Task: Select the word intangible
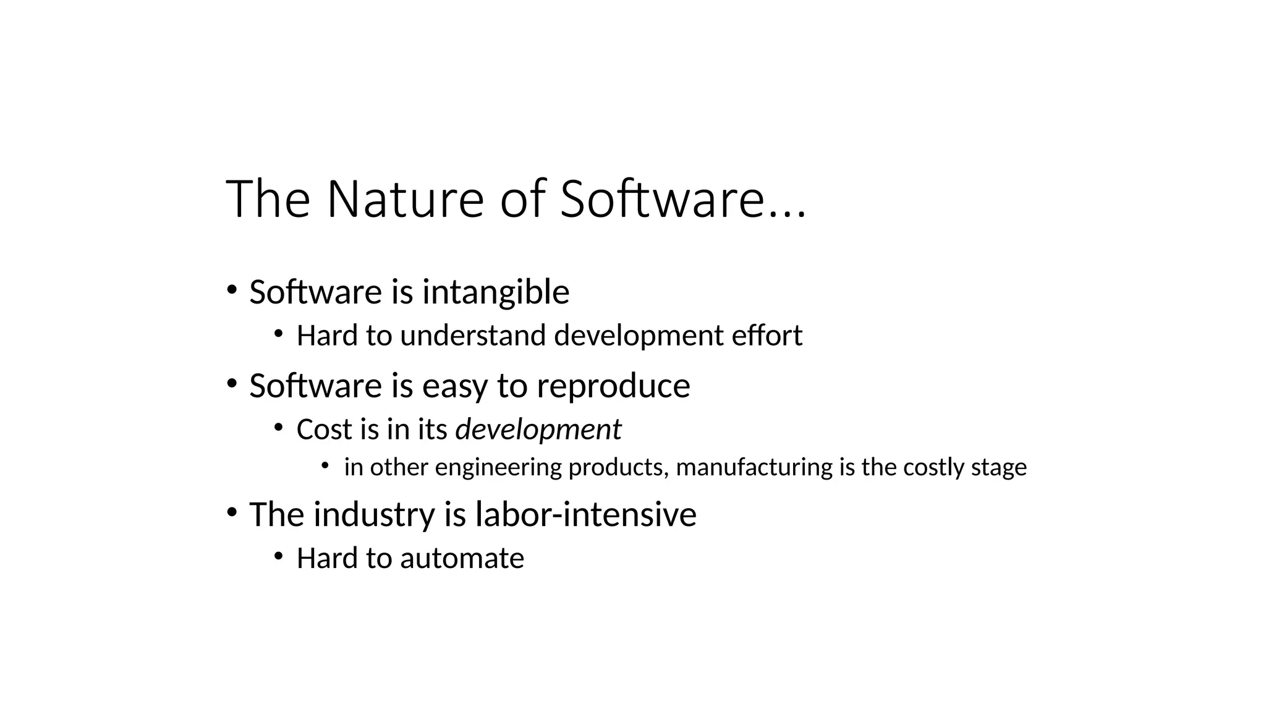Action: click(496, 292)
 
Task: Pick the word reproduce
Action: click(613, 386)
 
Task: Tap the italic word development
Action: click(538, 430)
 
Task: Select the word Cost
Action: click(324, 430)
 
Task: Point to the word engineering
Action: click(498, 468)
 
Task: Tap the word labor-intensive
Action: click(585, 514)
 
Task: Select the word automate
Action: click(462, 558)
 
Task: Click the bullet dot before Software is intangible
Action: click(231, 289)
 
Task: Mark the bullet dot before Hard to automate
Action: click(278, 556)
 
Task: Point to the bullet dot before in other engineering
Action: click(325, 465)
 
